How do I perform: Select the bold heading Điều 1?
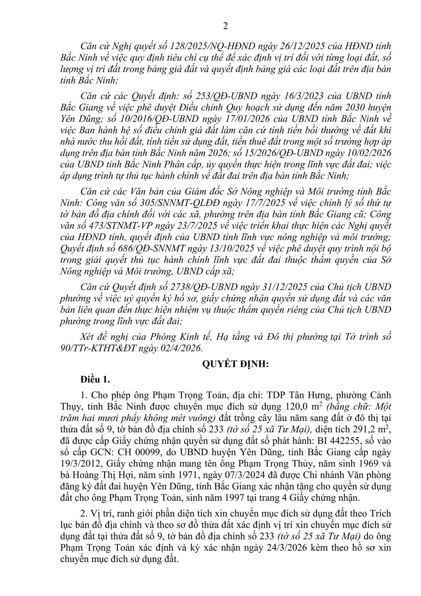[96, 380]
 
